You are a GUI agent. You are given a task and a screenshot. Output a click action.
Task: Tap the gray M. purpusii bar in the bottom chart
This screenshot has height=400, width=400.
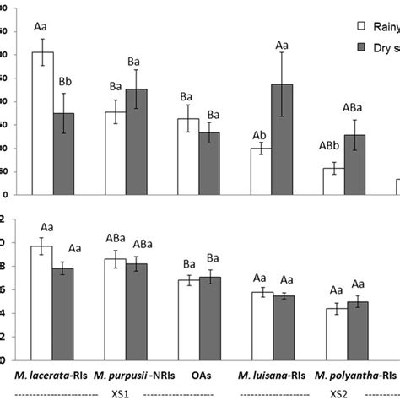coord(137,308)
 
